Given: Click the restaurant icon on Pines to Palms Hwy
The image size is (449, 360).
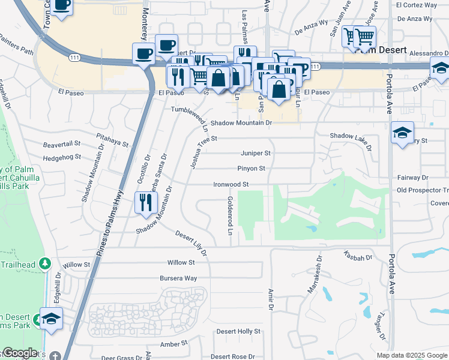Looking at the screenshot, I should click(x=144, y=203).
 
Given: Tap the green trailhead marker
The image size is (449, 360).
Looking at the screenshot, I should click(x=44, y=263).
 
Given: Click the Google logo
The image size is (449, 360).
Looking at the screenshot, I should click(x=20, y=353).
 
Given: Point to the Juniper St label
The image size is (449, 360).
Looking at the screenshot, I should click(x=256, y=153).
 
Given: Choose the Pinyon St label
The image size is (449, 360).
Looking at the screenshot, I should click(x=251, y=169).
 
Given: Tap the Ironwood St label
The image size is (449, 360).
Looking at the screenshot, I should click(x=231, y=184).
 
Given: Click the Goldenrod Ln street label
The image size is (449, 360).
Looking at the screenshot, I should click(x=230, y=215).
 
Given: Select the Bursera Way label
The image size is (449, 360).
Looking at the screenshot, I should click(x=178, y=278).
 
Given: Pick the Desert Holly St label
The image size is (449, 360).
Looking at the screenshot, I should click(x=238, y=331).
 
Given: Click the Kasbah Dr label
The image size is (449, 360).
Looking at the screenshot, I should click(x=359, y=256).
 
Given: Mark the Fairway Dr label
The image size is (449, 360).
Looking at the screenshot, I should click(x=413, y=178).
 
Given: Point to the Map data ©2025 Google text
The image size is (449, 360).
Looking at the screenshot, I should click(x=411, y=355).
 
